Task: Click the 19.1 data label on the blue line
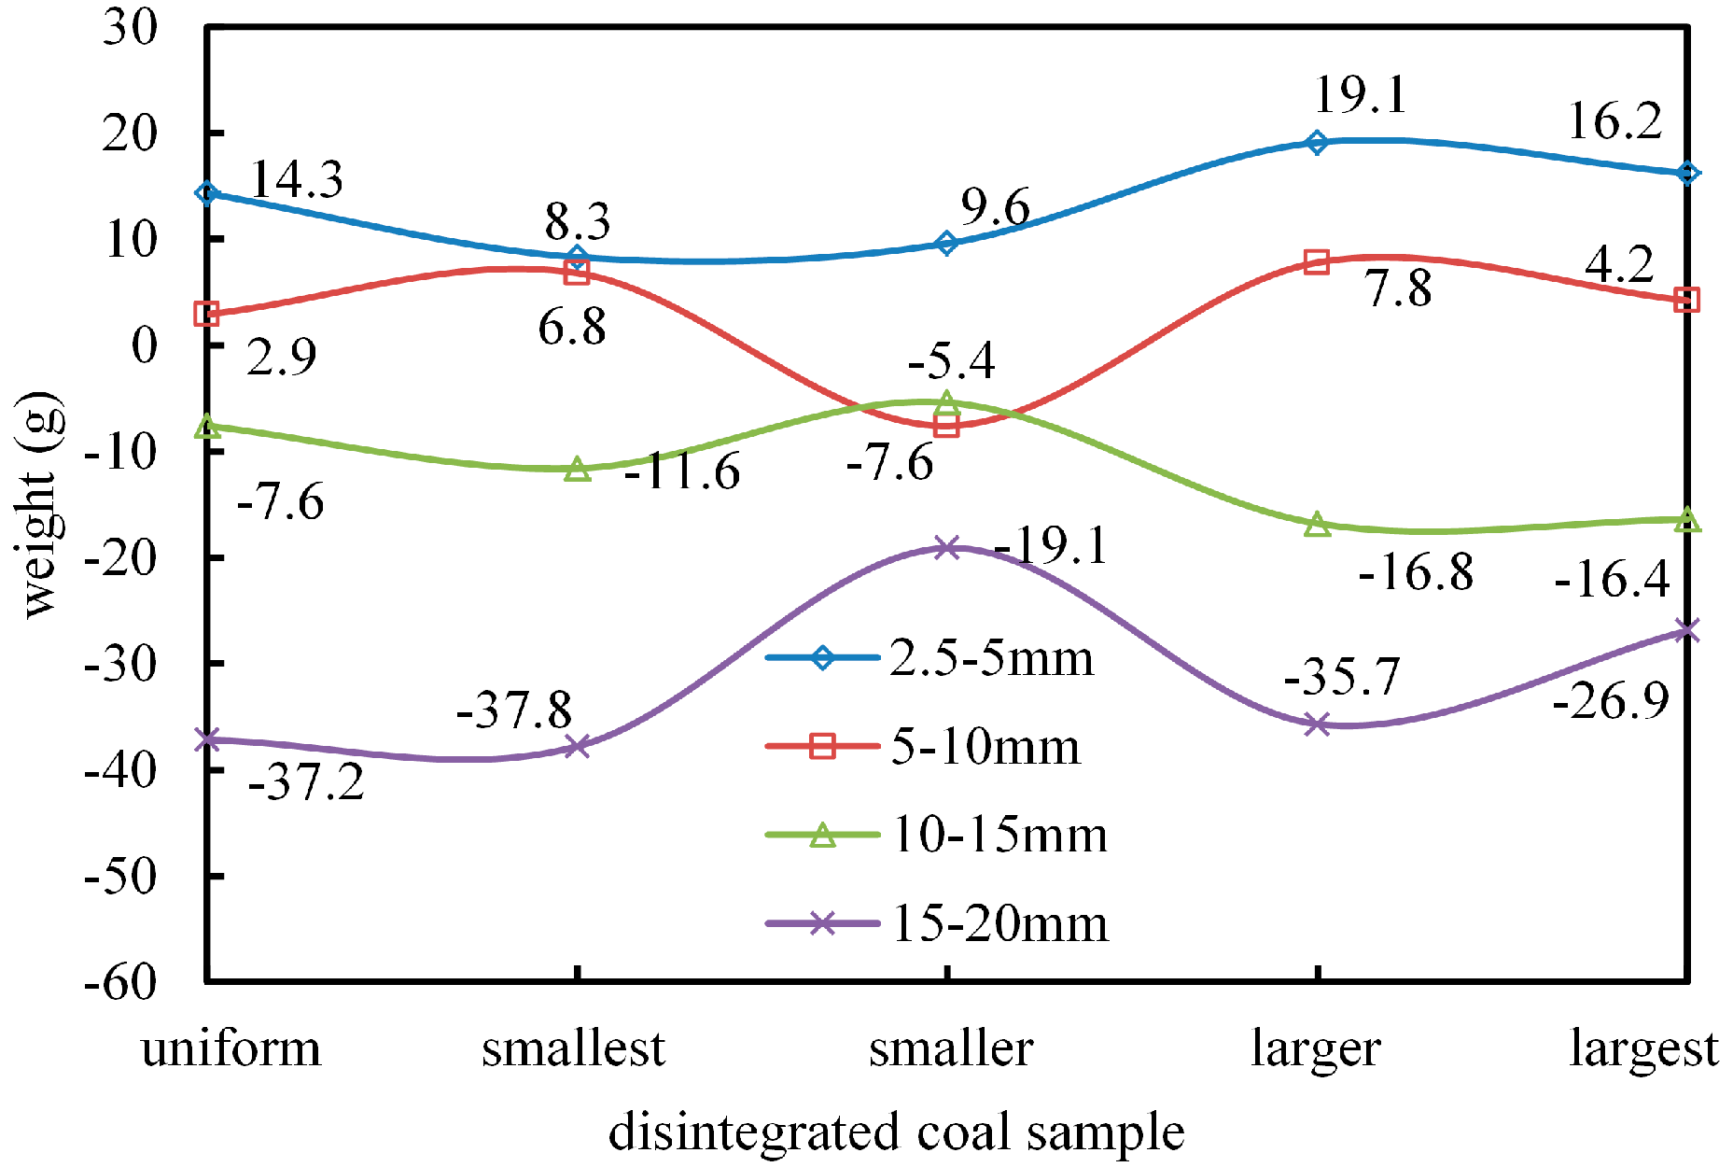coord(1360,95)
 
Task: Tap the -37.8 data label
coord(513,710)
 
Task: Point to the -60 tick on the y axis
coord(119,981)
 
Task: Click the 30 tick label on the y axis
coord(131,28)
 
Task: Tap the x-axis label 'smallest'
coord(573,1049)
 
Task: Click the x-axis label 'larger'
coord(1316,1049)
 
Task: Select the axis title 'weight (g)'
coord(39,504)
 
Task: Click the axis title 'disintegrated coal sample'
coord(896,1132)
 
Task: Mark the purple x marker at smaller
coord(947,547)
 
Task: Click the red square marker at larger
coord(1317,261)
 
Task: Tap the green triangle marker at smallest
coord(578,469)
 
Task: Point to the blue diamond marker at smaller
coord(947,244)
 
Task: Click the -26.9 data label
coord(1610,700)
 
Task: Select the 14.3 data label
coord(297,179)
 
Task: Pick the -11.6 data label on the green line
coord(682,471)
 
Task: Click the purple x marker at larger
coord(1317,724)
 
